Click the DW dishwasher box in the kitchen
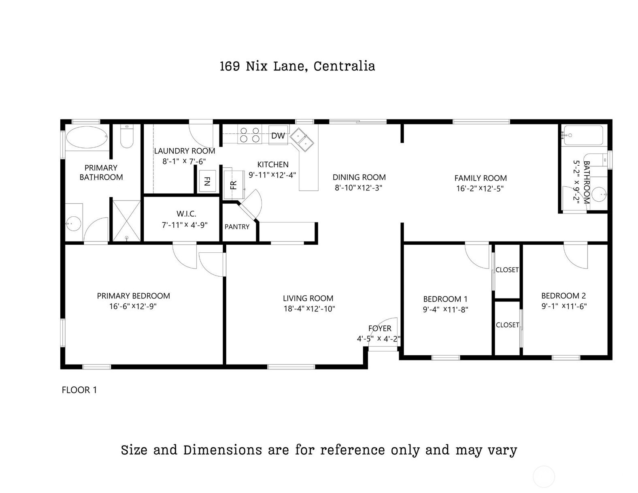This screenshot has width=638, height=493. [x=278, y=136]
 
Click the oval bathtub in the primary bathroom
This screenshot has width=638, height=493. [x=87, y=137]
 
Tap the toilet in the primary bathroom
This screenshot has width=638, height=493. [x=127, y=138]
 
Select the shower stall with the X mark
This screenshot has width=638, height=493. [x=126, y=221]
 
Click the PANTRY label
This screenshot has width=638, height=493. [x=237, y=227]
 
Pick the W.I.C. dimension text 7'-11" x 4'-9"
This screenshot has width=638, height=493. [x=185, y=225]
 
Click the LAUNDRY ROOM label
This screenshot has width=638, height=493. [x=185, y=151]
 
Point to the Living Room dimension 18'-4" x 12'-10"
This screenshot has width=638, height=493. [x=309, y=309]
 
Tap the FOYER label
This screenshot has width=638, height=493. [x=380, y=329]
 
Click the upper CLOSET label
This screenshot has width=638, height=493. [x=507, y=270]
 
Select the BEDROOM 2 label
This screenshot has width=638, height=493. [x=564, y=296]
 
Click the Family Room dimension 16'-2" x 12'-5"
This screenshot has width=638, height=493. [x=480, y=188]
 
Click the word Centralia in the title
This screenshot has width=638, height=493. [x=344, y=66]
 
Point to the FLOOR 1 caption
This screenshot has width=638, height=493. [x=79, y=390]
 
